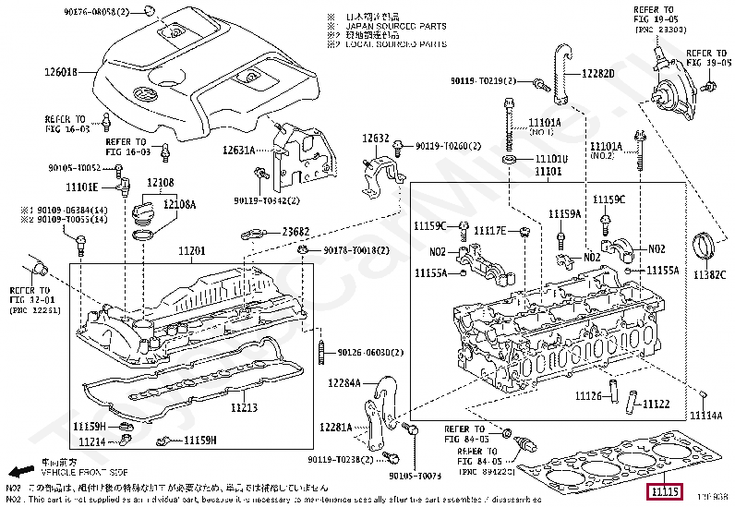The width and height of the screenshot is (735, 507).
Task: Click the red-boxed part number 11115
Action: point(665,491)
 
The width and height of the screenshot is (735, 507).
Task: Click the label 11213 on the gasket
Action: point(244,406)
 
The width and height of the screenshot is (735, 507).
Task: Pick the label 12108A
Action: point(180,204)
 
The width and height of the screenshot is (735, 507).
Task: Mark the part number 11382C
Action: point(712,274)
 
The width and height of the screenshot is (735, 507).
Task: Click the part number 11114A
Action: point(705,416)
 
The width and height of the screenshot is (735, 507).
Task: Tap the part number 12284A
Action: point(343,381)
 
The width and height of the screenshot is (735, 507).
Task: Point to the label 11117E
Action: point(490,230)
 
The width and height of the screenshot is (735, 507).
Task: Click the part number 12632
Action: point(376,139)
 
